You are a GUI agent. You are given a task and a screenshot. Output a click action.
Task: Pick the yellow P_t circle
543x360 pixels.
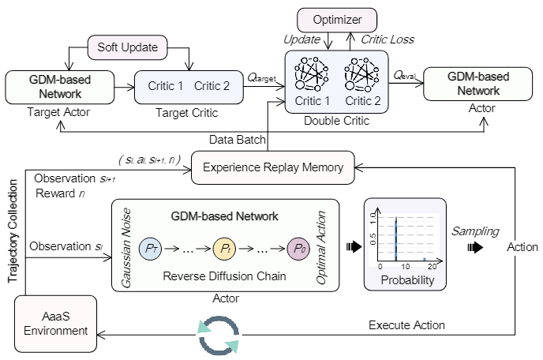[224, 247]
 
